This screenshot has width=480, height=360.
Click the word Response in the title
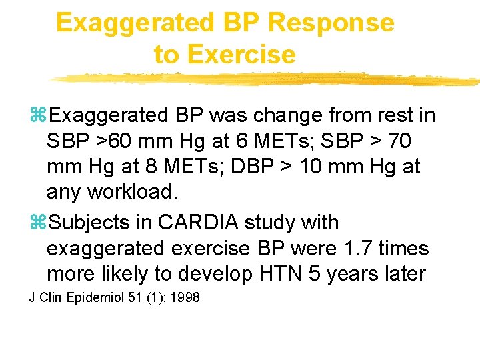coord(331,22)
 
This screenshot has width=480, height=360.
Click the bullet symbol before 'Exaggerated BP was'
coord(39,115)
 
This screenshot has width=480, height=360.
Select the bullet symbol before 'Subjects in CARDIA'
coord(39,222)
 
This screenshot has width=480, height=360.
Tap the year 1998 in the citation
coord(185,297)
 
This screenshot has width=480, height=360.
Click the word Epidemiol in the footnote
coord(98,297)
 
